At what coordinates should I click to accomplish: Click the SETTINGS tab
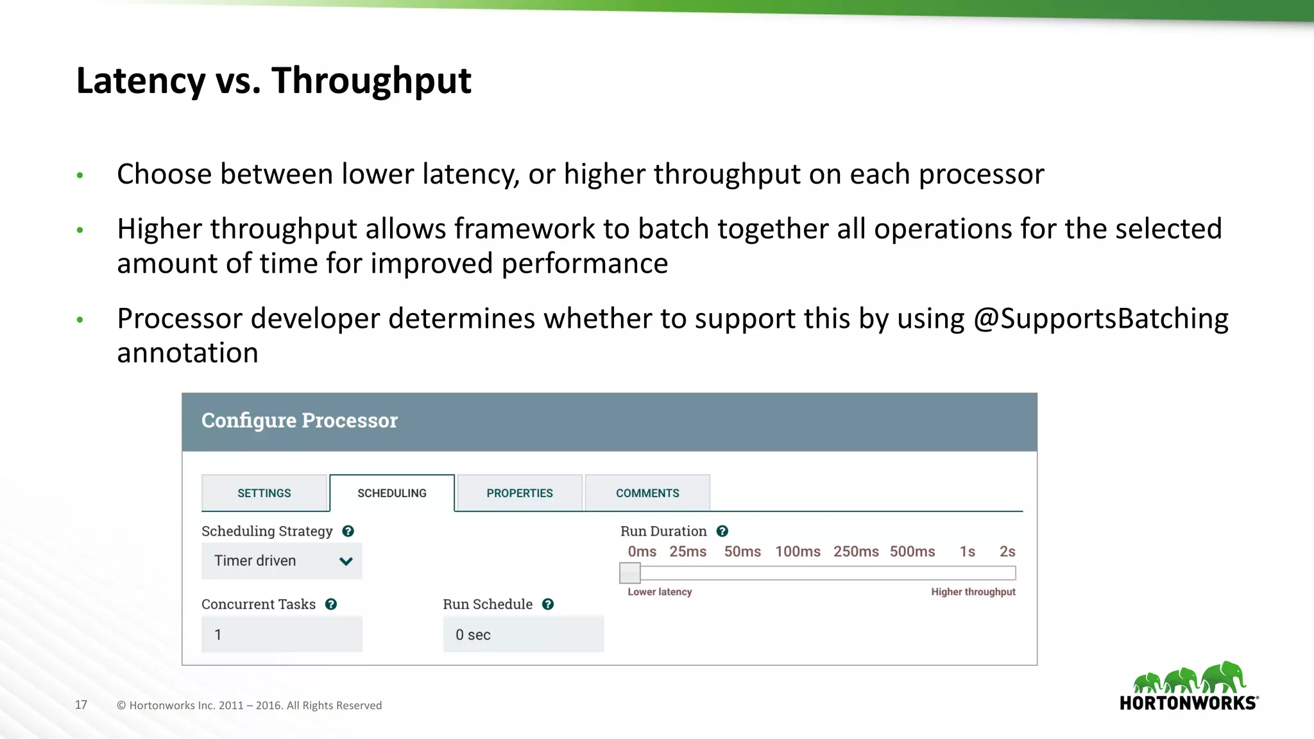coord(264,493)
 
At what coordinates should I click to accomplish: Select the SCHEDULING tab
coord(392,493)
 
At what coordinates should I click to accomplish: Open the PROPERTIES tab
coord(519,493)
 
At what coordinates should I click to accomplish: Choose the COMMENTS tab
coord(647,493)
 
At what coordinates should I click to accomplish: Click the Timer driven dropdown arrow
coord(346,561)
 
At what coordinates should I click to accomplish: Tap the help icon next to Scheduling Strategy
coord(348,531)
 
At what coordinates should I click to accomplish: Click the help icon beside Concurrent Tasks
coord(331,604)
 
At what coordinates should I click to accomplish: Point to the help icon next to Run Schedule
coord(548,604)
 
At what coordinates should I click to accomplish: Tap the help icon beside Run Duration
coord(722,531)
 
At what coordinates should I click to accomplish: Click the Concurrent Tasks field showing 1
coord(282,634)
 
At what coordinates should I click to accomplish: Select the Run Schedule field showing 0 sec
coord(523,634)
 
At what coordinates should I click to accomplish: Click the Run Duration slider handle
coord(630,573)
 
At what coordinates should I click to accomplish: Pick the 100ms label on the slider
coord(798,552)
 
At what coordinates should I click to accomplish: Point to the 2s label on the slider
coord(1007,552)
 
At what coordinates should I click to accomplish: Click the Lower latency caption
coord(660,591)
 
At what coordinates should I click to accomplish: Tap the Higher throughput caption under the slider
coord(973,591)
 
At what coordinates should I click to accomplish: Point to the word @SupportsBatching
coord(1100,319)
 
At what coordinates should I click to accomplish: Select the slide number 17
coord(81,704)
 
